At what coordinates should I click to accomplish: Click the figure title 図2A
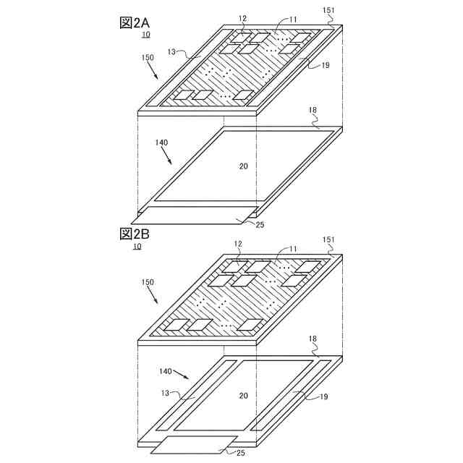pyautogui.click(x=135, y=23)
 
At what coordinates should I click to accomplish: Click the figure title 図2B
pyautogui.click(x=135, y=234)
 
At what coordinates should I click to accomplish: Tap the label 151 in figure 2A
pyautogui.click(x=328, y=10)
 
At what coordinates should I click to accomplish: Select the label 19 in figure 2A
pyautogui.click(x=325, y=65)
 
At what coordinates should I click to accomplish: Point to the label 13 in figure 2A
pyautogui.click(x=171, y=52)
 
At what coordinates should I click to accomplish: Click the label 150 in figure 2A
pyautogui.click(x=148, y=57)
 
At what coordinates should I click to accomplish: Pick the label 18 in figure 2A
pyautogui.click(x=313, y=110)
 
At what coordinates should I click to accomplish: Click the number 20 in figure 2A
pyautogui.click(x=243, y=166)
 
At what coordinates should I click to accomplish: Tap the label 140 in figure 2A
pyautogui.click(x=161, y=143)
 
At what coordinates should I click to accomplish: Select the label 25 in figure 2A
pyautogui.click(x=260, y=225)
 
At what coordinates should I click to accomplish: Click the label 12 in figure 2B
pyautogui.click(x=238, y=244)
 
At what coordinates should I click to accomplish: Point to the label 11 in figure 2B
pyautogui.click(x=292, y=249)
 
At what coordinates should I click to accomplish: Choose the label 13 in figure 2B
pyautogui.click(x=166, y=393)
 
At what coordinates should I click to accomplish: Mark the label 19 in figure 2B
pyautogui.click(x=324, y=396)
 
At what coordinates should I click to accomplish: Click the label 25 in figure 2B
pyautogui.click(x=241, y=453)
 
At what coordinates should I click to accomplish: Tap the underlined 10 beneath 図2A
pyautogui.click(x=146, y=35)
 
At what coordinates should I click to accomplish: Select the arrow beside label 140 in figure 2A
pyautogui.click(x=166, y=156)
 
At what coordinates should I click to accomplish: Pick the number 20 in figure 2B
pyautogui.click(x=243, y=396)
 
